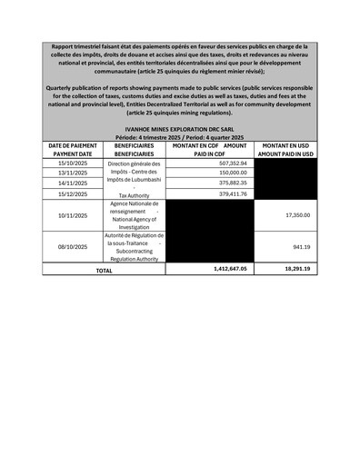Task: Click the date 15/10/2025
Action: point(70,163)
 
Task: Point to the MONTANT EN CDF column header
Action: point(209,150)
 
